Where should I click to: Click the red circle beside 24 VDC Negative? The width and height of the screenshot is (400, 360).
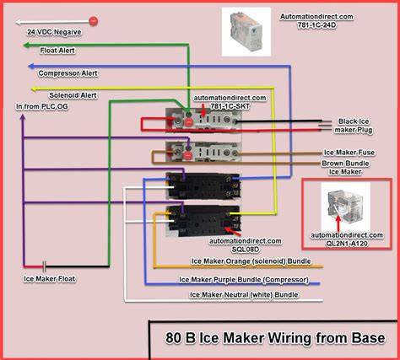(94, 21)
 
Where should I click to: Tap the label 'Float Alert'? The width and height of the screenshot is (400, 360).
(57, 51)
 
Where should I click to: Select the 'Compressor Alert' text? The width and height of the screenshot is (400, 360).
(68, 73)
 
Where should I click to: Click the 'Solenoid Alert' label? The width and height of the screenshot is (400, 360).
(73, 95)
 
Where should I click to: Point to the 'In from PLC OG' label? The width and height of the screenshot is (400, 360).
(42, 107)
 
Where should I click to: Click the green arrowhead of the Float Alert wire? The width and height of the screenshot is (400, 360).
(27, 46)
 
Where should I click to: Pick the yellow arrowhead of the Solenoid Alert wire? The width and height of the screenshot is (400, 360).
(34, 89)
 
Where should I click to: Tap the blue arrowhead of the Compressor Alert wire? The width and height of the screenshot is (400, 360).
(32, 67)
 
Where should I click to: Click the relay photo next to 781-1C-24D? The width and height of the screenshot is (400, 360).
(246, 32)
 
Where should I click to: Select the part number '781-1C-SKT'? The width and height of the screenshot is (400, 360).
(230, 106)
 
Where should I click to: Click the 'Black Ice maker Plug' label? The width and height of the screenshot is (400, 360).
(354, 126)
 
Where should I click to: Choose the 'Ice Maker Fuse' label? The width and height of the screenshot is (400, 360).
(349, 153)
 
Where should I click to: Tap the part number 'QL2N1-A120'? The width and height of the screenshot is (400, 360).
(347, 244)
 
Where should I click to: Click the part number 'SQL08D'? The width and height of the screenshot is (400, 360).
(246, 250)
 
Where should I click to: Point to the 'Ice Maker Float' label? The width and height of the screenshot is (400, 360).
(50, 279)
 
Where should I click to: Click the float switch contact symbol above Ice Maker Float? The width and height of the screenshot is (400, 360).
(44, 266)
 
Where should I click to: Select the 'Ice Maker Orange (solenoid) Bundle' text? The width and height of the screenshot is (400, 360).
(251, 261)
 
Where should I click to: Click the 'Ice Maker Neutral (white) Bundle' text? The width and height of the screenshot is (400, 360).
(244, 295)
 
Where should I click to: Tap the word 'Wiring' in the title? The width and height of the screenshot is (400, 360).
(289, 338)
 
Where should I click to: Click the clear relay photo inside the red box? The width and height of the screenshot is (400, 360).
(346, 207)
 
